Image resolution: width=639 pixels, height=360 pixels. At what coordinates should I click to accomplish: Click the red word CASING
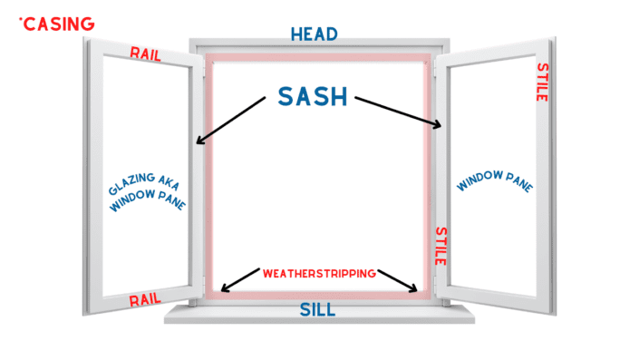click(59, 24)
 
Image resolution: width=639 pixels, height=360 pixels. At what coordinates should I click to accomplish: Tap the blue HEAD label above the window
click(314, 34)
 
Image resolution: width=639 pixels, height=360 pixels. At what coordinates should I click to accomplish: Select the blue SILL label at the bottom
click(317, 310)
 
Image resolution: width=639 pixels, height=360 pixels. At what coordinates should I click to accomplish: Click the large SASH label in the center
click(314, 97)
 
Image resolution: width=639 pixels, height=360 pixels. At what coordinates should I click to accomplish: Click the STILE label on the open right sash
click(542, 82)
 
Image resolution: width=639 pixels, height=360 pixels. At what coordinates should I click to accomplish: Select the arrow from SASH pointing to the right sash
click(399, 112)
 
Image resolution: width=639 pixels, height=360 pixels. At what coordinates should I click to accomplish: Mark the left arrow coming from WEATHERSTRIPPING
click(239, 280)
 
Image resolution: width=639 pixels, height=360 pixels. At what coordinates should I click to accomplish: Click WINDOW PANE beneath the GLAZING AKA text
click(149, 202)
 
